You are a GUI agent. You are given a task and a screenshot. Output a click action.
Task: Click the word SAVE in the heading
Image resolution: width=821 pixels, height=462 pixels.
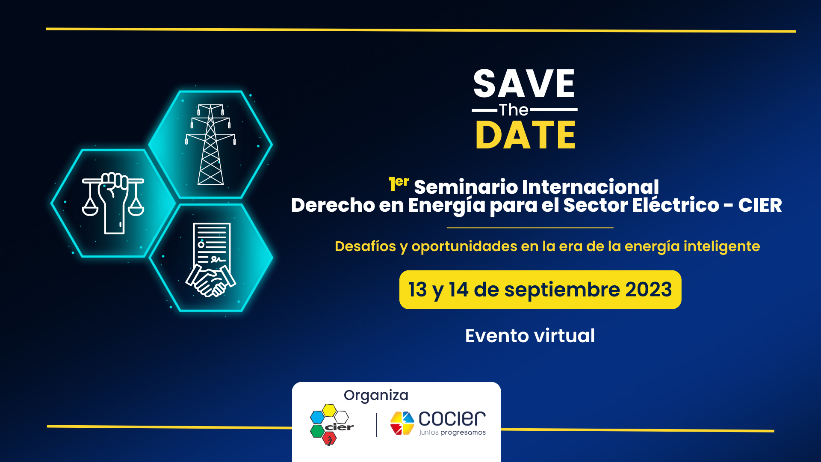(524, 84)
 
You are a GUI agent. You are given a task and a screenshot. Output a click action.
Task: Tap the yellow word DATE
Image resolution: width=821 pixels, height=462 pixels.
(526, 135)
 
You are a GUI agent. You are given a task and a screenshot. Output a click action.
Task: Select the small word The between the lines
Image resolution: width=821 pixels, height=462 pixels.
(514, 110)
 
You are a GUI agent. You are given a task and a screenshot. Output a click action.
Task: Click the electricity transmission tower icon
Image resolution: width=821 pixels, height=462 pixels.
(210, 145)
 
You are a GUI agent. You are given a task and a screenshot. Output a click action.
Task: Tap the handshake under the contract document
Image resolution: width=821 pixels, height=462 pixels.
(210, 281)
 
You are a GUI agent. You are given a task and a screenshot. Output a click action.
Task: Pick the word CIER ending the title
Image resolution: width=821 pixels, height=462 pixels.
(760, 205)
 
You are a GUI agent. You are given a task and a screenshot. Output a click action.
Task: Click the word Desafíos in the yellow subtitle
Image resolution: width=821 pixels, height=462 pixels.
(365, 246)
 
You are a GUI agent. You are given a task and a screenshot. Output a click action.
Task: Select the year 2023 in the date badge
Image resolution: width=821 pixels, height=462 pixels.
(649, 290)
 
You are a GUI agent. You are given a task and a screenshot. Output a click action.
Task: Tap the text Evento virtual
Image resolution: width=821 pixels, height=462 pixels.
(530, 336)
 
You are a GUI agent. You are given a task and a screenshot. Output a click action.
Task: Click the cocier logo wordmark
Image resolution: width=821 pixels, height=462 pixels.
(452, 419)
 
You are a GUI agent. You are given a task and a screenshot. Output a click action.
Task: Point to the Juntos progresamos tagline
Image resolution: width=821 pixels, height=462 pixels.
(452, 432)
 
